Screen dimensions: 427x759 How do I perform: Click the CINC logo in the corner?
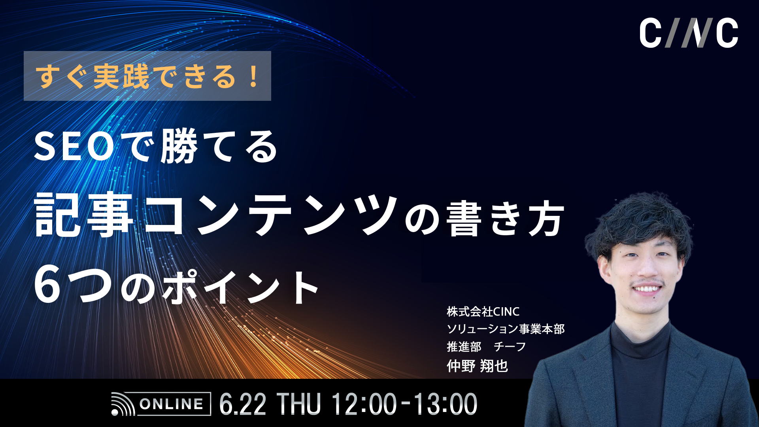pyautogui.click(x=689, y=33)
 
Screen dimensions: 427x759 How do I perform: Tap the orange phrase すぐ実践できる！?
pyautogui.click(x=147, y=76)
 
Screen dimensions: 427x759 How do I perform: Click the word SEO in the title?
pyautogui.click(x=75, y=147)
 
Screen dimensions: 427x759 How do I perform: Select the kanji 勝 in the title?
pyautogui.click(x=179, y=147)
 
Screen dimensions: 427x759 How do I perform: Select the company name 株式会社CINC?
pyautogui.click(x=483, y=312)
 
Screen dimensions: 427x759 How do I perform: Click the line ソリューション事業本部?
pyautogui.click(x=506, y=329)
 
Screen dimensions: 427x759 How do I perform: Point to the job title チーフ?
pyautogui.click(x=510, y=347)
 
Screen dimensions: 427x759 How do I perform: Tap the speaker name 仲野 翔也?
pyautogui.click(x=477, y=366)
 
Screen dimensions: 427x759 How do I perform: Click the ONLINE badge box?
pyautogui.click(x=172, y=404)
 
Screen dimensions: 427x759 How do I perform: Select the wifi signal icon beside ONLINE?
pyautogui.click(x=123, y=404)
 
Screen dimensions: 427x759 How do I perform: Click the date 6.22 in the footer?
pyautogui.click(x=242, y=404)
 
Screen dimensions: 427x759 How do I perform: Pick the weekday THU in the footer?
pyautogui.click(x=298, y=404)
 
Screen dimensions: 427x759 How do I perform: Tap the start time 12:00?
pyautogui.click(x=364, y=404)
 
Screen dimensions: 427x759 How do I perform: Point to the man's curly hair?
pyautogui.click(x=640, y=221)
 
